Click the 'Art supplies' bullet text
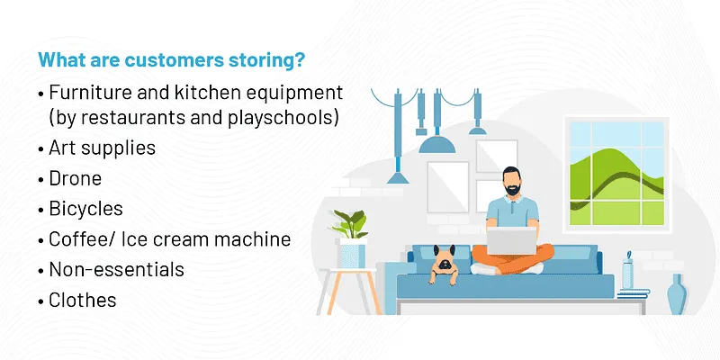click(103, 148)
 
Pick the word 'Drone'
click(76, 178)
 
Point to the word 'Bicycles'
click(86, 209)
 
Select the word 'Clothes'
click(83, 300)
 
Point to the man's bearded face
click(510, 182)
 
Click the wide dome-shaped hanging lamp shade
click(437, 145)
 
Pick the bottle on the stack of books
click(627, 271)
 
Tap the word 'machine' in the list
click(258, 239)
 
